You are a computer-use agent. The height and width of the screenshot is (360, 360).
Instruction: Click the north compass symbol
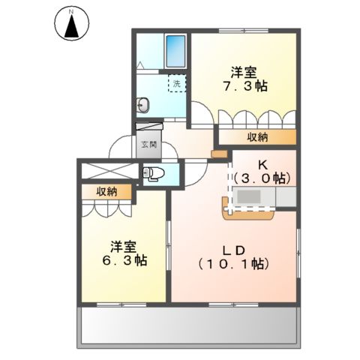point(70,25)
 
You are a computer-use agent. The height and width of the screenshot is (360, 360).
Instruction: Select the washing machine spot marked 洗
point(176,84)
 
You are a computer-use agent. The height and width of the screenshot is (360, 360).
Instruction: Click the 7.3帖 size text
point(244,87)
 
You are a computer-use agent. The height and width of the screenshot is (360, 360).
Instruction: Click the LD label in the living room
point(233,247)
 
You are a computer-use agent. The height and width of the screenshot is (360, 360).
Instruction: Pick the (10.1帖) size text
point(233,264)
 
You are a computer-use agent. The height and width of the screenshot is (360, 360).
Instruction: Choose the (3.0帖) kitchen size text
point(261,178)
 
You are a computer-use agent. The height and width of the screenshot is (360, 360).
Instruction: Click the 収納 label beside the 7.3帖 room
point(258,137)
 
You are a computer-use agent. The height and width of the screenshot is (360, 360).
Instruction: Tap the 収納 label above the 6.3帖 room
point(106,192)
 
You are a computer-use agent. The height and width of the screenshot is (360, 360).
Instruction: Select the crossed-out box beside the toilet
point(108,170)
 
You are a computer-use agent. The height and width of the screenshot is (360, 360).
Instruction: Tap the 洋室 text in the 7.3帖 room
point(244,73)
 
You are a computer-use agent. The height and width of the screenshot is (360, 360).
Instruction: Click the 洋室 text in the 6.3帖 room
point(121,245)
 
